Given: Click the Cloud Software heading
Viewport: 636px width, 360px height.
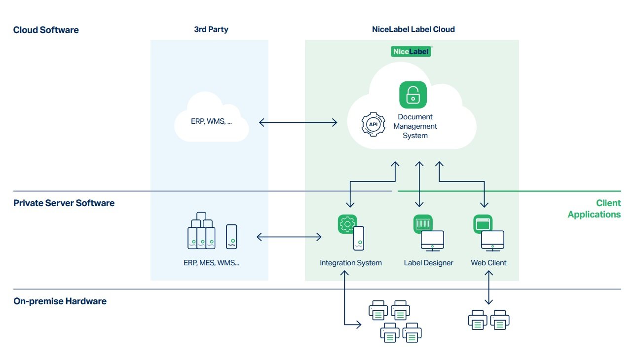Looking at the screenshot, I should point(46,30).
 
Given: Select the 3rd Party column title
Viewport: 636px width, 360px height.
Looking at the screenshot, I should point(211,30).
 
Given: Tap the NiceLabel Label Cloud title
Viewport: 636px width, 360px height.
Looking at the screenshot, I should point(413,30).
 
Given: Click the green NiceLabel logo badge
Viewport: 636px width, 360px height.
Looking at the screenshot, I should point(412,51).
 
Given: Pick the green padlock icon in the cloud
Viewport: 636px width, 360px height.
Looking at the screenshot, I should point(412,95).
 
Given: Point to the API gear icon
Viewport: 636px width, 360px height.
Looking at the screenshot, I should point(374,125).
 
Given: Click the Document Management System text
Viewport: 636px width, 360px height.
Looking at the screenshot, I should point(415,126).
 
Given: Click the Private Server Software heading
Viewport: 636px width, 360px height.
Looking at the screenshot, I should point(64,203).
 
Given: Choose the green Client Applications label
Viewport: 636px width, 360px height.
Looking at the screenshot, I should point(594,209).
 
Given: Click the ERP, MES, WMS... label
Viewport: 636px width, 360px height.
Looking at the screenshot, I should point(211,263).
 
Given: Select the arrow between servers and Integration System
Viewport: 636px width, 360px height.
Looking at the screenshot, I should point(289,237).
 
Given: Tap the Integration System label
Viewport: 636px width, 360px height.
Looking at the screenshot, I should point(350,263).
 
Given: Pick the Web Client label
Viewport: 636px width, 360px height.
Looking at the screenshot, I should point(488,263).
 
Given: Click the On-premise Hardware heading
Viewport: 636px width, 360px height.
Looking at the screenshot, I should point(60,301).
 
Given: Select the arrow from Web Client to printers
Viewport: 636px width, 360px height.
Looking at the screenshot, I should point(488,288).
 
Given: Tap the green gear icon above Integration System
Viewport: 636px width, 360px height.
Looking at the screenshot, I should point(347,224).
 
